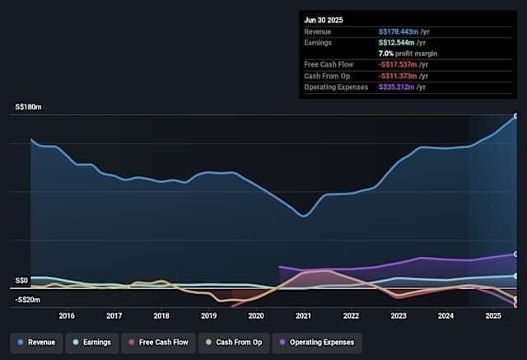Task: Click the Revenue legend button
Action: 36,343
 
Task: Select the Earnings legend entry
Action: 92,343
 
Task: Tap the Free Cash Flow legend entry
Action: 158,343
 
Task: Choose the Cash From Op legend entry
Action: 234,343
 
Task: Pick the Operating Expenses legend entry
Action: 317,343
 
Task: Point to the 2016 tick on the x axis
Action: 67,316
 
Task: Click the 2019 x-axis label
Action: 208,316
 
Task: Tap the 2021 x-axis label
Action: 304,316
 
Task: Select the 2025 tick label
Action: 493,316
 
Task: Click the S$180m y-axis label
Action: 28,107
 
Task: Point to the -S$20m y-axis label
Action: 27,300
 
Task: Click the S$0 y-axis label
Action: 21,280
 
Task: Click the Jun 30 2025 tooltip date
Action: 324,20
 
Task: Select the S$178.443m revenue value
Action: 399,32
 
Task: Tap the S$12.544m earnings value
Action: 396,43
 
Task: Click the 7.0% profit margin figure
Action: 386,54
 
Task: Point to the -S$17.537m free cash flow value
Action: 398,64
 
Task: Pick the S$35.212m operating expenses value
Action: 396,87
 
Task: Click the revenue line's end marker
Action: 516,116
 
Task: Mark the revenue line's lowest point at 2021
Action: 304,216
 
